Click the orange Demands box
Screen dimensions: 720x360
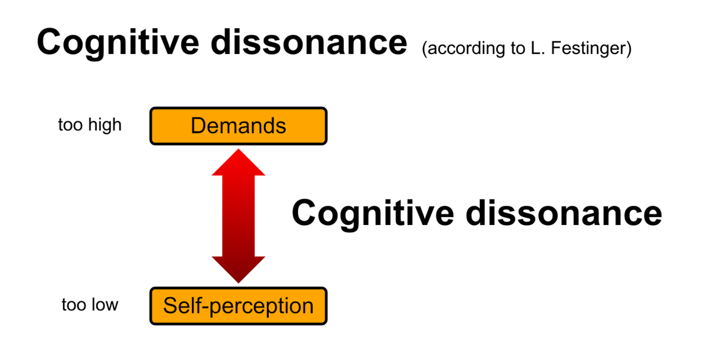pos(239,126)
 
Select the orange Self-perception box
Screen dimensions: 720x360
pos(239,306)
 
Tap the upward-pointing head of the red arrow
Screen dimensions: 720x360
pos(239,163)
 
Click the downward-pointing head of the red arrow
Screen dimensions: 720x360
pos(239,270)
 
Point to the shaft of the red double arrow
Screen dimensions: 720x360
pos(239,216)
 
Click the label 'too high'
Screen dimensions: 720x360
pos(89,125)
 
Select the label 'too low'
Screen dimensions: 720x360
pos(89,304)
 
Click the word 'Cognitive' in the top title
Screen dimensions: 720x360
pos(118,43)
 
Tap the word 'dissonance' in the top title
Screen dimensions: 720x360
pos(309,43)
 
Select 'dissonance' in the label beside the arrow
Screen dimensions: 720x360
pos(564,214)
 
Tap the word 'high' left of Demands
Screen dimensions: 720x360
pos(105,125)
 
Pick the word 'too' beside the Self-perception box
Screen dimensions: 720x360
pos(74,305)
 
